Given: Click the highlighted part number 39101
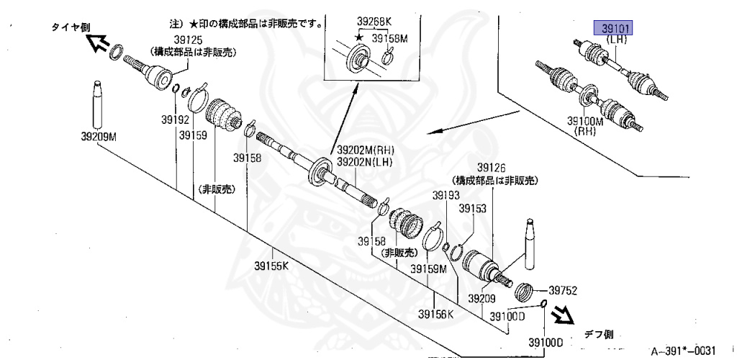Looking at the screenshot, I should [612, 29].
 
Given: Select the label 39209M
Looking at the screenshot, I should [99, 135].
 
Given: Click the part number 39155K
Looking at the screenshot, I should [271, 266].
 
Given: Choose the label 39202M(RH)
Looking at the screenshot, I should [364, 150].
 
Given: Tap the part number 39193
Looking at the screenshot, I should [446, 195].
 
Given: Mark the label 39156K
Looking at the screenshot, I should [436, 313].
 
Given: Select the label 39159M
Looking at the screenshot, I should [429, 269].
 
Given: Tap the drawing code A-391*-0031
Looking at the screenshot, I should [683, 351].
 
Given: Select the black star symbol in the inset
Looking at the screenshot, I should [358, 36].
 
